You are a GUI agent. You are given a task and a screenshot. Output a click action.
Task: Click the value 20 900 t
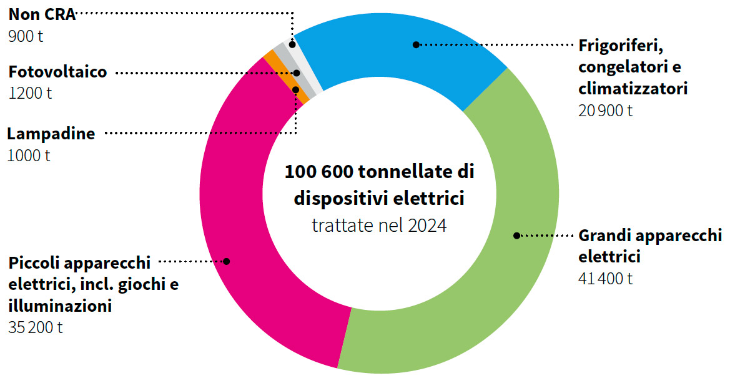[606, 111]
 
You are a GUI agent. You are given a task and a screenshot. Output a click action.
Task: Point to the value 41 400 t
[606, 278]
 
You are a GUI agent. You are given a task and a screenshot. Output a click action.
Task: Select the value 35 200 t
[36, 327]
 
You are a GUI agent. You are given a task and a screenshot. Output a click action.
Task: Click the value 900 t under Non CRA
[26, 36]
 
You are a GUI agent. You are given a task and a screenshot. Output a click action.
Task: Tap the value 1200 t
[30, 93]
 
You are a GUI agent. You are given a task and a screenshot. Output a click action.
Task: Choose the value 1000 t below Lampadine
[29, 155]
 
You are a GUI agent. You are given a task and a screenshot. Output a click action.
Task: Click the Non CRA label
[42, 15]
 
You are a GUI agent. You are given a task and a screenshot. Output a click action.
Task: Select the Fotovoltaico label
[57, 72]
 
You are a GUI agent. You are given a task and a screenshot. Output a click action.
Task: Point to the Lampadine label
[51, 134]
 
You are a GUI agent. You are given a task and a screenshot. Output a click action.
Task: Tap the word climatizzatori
[633, 88]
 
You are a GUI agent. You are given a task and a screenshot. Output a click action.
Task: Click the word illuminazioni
[60, 306]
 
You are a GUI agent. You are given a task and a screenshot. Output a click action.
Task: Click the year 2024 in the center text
[428, 226]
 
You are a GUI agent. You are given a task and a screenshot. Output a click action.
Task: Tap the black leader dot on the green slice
[516, 236]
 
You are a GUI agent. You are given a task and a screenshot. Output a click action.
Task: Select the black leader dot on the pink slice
[227, 261]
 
